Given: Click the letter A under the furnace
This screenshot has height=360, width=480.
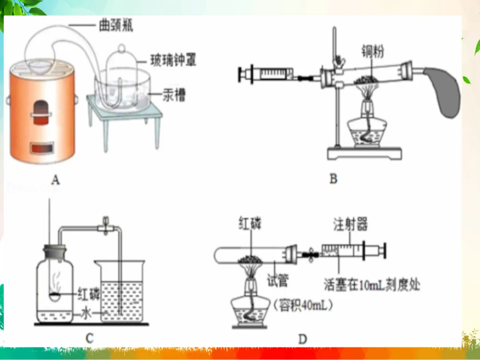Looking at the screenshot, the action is tap(56, 179).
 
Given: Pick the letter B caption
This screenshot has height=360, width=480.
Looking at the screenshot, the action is tap(333, 179).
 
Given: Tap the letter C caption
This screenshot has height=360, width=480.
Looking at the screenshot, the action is tap(89, 339).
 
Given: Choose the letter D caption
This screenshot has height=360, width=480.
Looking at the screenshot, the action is tap(302, 340).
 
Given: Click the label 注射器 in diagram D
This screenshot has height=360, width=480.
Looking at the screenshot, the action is tap(351, 225).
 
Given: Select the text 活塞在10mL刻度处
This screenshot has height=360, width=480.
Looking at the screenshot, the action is tap(372, 284).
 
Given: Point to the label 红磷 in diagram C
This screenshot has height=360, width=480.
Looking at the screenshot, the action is tap(89, 294).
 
